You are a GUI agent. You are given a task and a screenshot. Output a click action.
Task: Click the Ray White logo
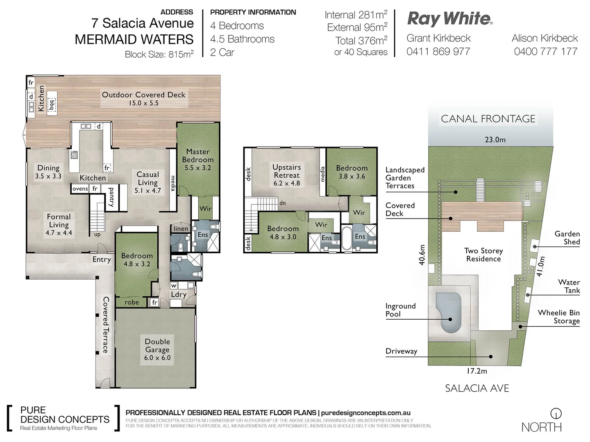(449, 19)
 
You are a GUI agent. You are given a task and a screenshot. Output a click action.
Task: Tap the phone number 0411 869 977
(438, 52)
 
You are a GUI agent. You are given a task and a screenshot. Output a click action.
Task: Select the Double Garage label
(157, 349)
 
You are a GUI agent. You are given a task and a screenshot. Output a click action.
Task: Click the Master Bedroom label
(198, 159)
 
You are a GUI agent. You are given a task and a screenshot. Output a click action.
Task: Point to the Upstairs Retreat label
(287, 175)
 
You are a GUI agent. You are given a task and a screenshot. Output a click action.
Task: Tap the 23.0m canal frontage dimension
(495, 140)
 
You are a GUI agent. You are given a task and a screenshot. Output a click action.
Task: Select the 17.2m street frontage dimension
(477, 371)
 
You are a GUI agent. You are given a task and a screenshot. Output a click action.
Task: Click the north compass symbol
(556, 413)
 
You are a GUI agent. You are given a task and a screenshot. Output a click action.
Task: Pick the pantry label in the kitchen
(111, 197)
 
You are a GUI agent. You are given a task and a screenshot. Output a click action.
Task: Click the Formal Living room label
(59, 224)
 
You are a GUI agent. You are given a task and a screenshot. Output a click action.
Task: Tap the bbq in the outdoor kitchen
(51, 104)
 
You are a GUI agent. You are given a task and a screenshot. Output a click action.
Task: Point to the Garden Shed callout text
(567, 237)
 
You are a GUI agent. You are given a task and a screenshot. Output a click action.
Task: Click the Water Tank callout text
(569, 286)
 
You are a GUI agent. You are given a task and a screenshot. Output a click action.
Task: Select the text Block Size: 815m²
(159, 54)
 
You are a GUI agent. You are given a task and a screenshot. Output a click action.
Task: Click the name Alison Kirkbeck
(545, 38)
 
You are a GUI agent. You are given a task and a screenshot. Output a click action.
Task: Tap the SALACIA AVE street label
(477, 388)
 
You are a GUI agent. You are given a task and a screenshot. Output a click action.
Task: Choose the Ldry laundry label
(179, 294)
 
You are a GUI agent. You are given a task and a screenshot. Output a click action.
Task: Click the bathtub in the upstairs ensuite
(346, 238)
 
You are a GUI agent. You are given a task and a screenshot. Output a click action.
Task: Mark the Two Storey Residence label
(483, 255)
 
